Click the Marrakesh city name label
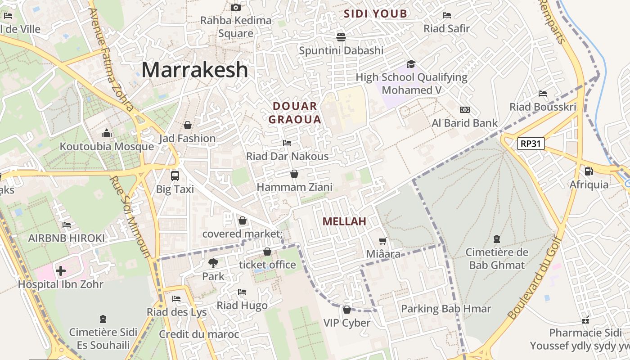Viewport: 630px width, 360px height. click(x=194, y=70)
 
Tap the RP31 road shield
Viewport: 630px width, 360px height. click(x=531, y=144)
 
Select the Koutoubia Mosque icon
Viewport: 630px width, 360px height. click(x=107, y=133)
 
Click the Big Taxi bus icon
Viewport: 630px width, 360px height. click(x=175, y=175)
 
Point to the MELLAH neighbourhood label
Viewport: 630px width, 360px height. click(x=344, y=221)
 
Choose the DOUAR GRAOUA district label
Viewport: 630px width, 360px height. click(x=295, y=112)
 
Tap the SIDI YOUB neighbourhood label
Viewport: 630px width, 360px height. click(x=375, y=13)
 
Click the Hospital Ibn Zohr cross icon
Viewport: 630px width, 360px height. click(x=61, y=270)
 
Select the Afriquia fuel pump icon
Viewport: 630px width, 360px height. click(x=588, y=171)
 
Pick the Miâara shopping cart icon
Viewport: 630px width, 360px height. click(x=382, y=241)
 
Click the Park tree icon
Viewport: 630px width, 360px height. click(x=213, y=263)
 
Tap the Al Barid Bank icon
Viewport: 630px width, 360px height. click(x=464, y=110)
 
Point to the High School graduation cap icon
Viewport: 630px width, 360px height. click(x=411, y=64)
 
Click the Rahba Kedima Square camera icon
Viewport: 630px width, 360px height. click(x=235, y=7)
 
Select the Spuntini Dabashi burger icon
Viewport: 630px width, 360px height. click(x=341, y=37)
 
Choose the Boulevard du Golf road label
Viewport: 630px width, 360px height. click(x=535, y=279)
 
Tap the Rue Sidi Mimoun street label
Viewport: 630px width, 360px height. click(x=130, y=216)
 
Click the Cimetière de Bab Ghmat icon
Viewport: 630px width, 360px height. click(x=496, y=238)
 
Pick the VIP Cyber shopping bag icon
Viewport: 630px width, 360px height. click(x=346, y=310)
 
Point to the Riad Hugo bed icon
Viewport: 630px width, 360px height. click(x=242, y=292)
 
